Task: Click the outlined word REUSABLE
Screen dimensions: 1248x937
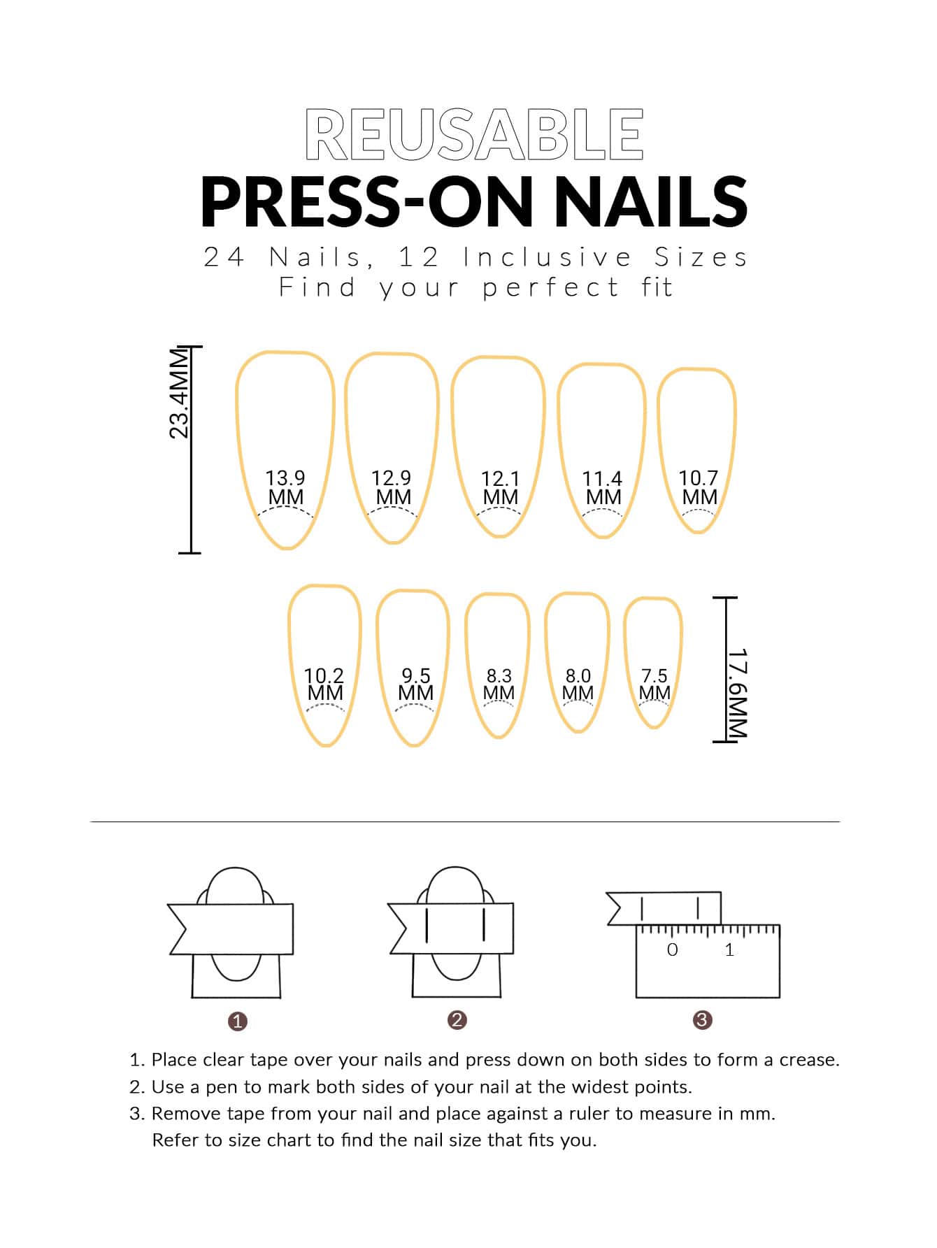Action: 474,134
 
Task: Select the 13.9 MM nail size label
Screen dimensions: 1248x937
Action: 285,487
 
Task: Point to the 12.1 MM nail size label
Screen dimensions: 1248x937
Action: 500,488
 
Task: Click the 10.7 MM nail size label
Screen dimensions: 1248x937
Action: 699,487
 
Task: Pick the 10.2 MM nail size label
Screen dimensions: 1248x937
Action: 324,684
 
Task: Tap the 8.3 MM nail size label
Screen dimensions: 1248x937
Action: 499,684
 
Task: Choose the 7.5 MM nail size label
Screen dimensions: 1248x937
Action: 655,684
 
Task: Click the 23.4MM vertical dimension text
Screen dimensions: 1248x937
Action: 180,394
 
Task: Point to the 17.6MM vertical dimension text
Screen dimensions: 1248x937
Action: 737,692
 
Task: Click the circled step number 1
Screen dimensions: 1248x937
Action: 238,1021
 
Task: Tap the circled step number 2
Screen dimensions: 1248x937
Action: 457,1020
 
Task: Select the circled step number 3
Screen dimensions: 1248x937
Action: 702,1020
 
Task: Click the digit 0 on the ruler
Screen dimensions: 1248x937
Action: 673,949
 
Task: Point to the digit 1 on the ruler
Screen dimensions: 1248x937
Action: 729,949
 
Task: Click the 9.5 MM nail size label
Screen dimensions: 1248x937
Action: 415,684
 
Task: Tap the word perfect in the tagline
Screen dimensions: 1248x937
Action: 551,287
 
